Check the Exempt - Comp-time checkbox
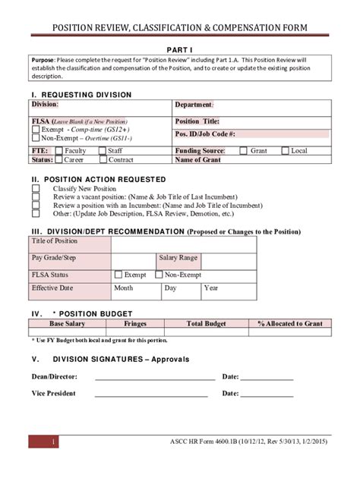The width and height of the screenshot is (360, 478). [36, 130]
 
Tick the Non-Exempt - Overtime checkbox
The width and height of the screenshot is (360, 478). [36, 139]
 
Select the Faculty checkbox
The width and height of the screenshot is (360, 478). [59, 151]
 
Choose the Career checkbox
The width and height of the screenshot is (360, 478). [59, 160]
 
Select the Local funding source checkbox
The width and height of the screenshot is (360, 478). [285, 151]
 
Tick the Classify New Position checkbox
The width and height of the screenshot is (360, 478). [36, 188]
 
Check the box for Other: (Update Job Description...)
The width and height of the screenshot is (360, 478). [36, 213]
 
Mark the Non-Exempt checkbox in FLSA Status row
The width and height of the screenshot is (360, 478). [159, 275]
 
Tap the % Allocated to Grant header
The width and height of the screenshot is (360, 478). [289, 324]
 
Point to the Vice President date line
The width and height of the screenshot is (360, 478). [268, 394]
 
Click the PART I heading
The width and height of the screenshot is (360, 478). [180, 48]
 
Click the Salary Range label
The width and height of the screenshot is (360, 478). [178, 259]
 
